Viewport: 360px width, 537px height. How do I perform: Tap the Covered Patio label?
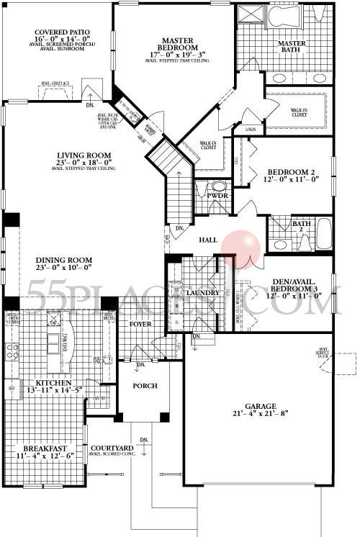pos(56,33)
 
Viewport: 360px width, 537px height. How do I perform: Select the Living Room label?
pos(85,155)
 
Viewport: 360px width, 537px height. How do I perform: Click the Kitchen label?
pos(50,382)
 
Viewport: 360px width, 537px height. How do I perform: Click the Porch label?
pos(144,385)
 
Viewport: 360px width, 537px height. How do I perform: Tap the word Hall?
pos(208,240)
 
